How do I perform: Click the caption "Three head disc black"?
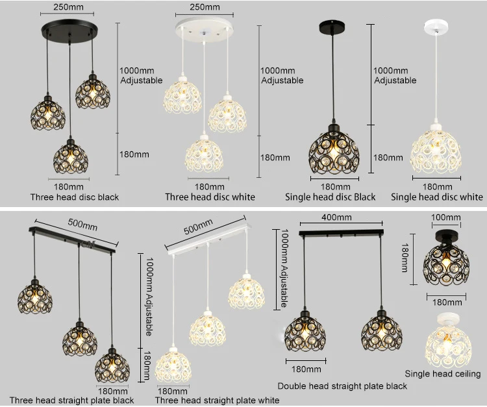pyautogui.click(x=75, y=197)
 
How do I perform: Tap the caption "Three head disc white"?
pyautogui.click(x=210, y=197)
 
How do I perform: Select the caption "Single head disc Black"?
pyautogui.click(x=331, y=197)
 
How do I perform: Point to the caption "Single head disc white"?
pyautogui.click(x=436, y=197)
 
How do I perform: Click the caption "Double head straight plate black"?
pyautogui.click(x=342, y=386)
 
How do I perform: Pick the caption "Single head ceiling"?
pyautogui.click(x=443, y=373)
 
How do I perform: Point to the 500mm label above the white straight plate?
pyautogui.click(x=198, y=229)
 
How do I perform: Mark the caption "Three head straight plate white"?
pyautogui.click(x=217, y=401)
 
